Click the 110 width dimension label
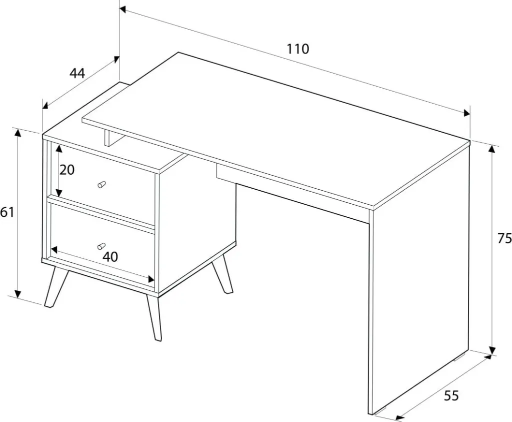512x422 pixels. point(297,49)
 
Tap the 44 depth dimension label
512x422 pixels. point(77,73)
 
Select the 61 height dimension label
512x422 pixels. point(7,212)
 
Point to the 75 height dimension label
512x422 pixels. point(505,239)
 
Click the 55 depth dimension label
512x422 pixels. point(451,396)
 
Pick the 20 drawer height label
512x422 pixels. point(67,170)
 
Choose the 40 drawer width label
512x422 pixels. point(110,257)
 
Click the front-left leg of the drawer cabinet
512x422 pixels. point(56,286)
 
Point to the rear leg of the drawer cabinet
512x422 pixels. point(222,274)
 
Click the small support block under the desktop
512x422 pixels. point(107,138)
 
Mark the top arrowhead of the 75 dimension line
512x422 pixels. point(492,150)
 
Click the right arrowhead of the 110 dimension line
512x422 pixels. point(466,113)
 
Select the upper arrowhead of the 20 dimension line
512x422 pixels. point(59,149)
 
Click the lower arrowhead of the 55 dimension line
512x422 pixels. point(399,418)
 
